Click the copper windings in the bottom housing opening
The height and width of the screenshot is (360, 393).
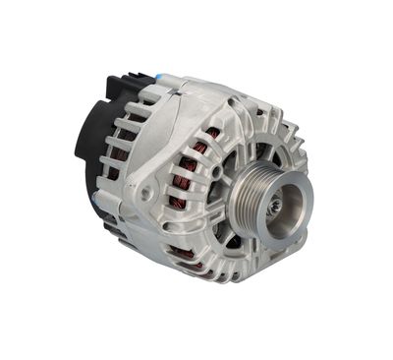(187, 258)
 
